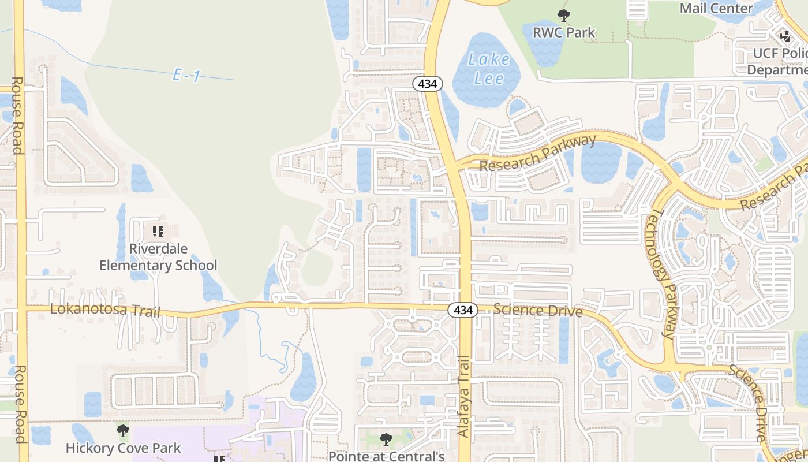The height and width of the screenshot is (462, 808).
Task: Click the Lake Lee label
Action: [x=489, y=69]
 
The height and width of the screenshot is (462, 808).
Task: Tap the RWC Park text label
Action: [x=563, y=32]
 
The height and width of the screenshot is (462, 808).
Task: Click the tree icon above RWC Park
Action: [x=564, y=16]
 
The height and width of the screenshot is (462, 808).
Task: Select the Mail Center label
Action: [x=716, y=8]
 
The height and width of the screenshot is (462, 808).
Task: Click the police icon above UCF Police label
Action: [x=785, y=36]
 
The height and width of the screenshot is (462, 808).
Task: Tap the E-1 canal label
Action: [x=186, y=75]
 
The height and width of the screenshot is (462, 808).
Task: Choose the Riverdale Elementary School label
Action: [x=158, y=257]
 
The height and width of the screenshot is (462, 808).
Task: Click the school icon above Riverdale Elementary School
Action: [x=158, y=232]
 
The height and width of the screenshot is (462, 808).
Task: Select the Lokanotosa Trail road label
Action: [x=105, y=310]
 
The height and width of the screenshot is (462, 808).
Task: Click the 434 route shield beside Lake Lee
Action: [x=427, y=84]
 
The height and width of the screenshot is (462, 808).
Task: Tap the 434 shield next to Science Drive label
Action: [x=463, y=310]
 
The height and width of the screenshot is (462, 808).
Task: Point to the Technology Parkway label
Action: [x=661, y=273]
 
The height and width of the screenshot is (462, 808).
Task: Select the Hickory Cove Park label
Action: [x=123, y=448]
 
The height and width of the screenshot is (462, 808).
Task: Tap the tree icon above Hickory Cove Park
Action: [x=122, y=431]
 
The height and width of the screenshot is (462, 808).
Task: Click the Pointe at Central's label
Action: [x=386, y=456]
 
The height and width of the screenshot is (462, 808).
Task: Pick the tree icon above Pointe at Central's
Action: [x=386, y=439]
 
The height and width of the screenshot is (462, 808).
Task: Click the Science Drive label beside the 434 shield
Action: [x=538, y=310]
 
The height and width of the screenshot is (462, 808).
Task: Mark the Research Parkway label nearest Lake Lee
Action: [x=537, y=154]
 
